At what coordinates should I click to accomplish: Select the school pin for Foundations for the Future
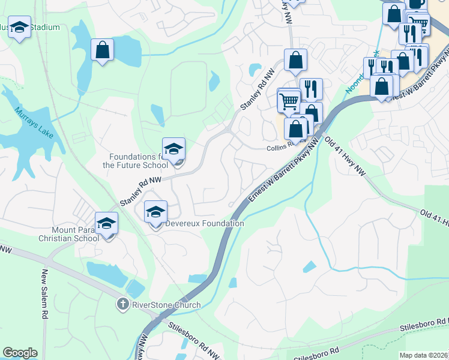tap(173, 150)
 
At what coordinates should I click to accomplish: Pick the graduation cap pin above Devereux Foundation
tap(155, 212)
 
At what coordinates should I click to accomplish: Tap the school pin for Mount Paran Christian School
tap(107, 224)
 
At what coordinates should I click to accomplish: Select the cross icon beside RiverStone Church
tap(124, 305)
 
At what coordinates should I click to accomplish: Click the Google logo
tap(20, 353)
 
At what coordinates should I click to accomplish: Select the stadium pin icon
tap(20, 28)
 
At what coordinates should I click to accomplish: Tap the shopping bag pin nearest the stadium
tap(102, 50)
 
